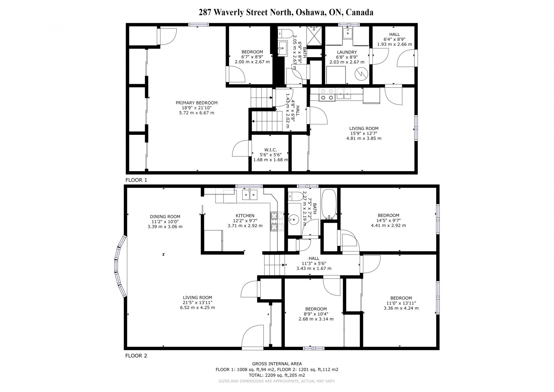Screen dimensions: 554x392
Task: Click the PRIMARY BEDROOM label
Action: click(x=196, y=103)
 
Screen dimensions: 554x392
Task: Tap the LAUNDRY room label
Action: click(x=347, y=52)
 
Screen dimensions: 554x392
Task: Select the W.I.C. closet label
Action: click(x=270, y=150)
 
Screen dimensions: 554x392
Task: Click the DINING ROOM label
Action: click(x=165, y=216)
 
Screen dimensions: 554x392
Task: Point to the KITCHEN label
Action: click(x=245, y=216)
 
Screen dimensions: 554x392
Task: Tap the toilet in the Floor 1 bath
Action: click(x=286, y=34)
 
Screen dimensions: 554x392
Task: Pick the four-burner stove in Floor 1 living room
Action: click(x=327, y=94)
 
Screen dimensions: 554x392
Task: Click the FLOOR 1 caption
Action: click(x=136, y=180)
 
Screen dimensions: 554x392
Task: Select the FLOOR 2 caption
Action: click(x=136, y=356)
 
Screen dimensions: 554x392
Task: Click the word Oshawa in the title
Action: click(x=307, y=12)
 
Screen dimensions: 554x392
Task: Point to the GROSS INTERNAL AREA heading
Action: click(x=277, y=364)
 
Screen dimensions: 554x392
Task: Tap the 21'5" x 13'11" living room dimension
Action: click(x=197, y=303)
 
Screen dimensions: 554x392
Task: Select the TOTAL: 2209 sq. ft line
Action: click(x=277, y=375)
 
